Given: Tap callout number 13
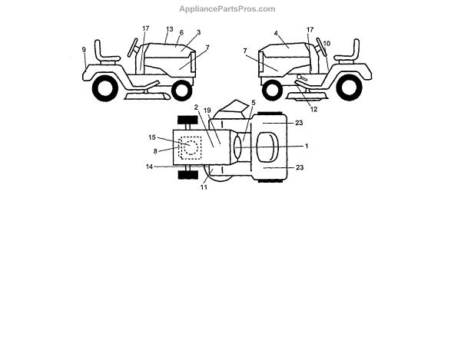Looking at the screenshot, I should tap(169, 29).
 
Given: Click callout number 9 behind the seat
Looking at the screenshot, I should tap(84, 50).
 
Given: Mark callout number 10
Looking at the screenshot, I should tap(327, 43).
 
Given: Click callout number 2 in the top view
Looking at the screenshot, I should tap(197, 107).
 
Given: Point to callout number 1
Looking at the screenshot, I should tap(306, 146).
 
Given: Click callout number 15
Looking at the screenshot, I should tap(152, 137).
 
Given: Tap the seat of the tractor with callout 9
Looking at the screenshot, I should tap(106, 54).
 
